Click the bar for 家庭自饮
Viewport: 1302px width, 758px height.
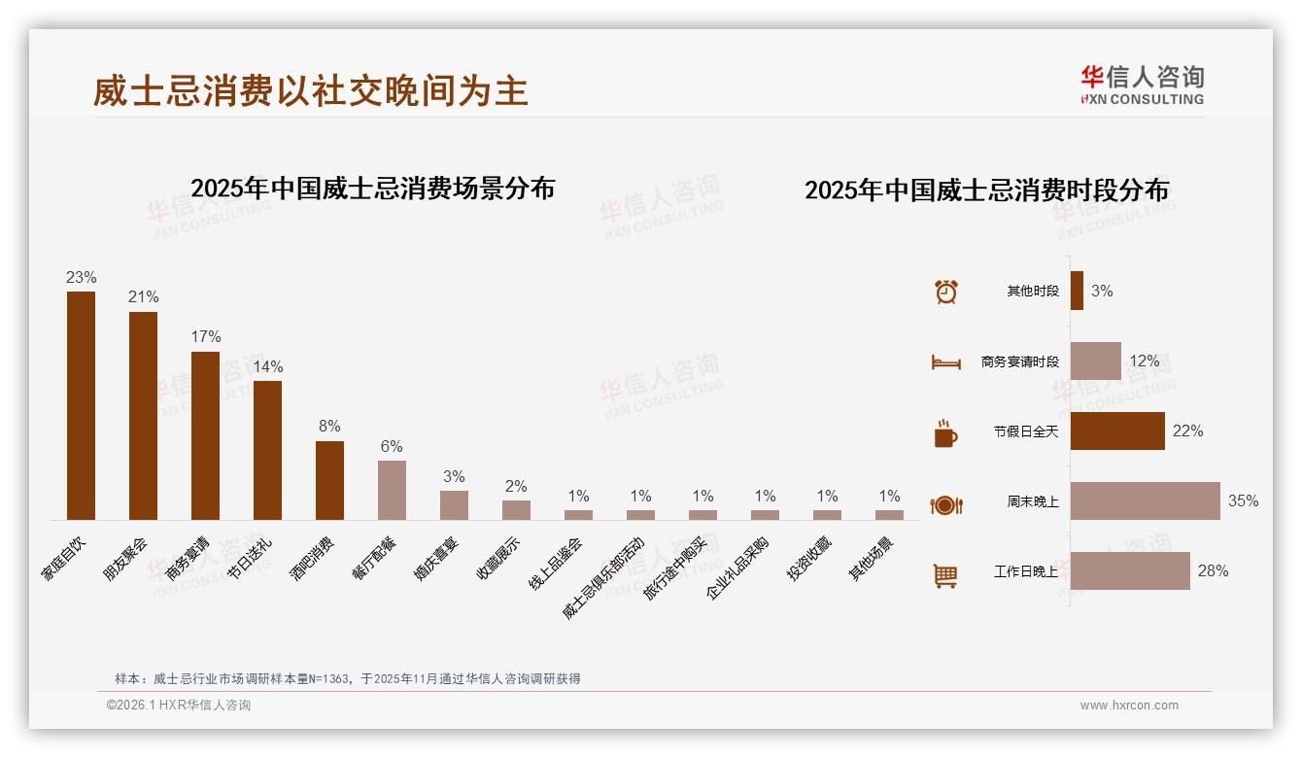click(81, 405)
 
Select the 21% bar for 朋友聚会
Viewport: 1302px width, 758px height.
click(143, 415)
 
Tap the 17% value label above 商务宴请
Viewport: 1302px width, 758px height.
click(206, 337)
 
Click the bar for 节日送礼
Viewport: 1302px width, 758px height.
click(267, 450)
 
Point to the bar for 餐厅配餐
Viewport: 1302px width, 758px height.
click(392, 490)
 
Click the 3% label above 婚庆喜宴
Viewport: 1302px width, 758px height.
click(454, 477)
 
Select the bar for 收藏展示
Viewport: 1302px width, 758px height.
click(516, 510)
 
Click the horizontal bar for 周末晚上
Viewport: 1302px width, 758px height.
click(1145, 501)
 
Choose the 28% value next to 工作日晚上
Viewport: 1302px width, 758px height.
click(1213, 571)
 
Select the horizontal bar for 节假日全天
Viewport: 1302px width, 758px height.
click(1117, 431)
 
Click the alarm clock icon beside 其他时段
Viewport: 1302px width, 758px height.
click(945, 292)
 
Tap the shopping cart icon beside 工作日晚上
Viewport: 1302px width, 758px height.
click(945, 576)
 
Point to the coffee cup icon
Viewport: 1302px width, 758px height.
click(945, 433)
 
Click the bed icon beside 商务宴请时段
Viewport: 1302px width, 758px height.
click(945, 362)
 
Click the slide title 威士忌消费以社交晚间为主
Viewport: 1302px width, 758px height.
click(311, 91)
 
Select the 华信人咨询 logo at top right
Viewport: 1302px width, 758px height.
click(1142, 85)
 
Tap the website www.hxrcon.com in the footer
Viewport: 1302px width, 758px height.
click(1129, 706)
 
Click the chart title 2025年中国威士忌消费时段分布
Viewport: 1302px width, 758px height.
click(986, 189)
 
